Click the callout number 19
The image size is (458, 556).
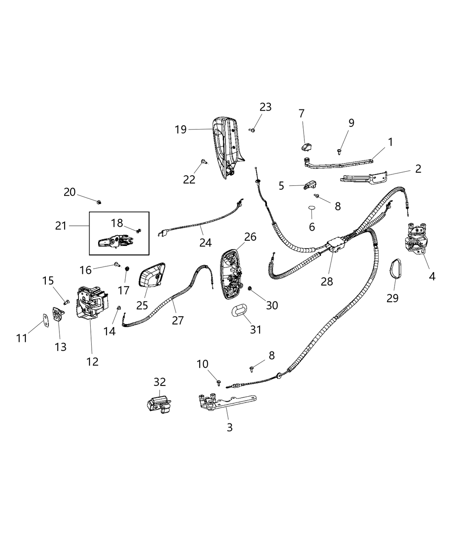tap(181, 129)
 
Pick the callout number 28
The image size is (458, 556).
tap(327, 281)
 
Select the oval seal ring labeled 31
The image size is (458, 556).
tap(238, 310)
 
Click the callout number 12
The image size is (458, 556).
tap(92, 361)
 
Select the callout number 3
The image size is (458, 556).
tap(230, 427)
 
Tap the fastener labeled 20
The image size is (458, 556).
tap(99, 201)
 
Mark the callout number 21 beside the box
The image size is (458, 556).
tap(61, 225)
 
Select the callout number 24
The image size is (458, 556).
tap(205, 242)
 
